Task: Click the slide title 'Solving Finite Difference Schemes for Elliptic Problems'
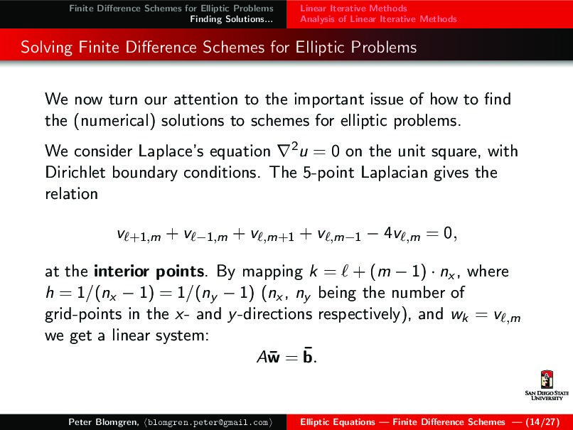click(218, 48)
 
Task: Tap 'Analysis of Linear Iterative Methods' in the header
click(378, 19)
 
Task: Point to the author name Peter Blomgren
click(102, 422)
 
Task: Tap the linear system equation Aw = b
click(286, 356)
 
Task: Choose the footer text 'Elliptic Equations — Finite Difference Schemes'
click(403, 422)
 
